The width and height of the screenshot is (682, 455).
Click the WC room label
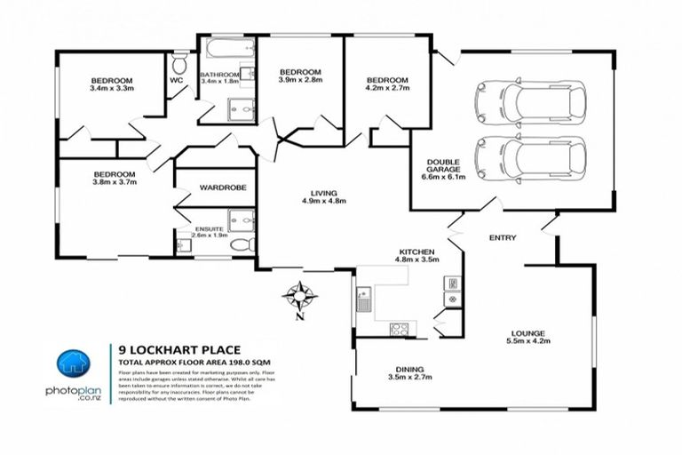(176, 80)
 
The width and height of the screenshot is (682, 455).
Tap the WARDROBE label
(217, 188)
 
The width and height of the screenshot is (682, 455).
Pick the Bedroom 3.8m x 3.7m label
(115, 179)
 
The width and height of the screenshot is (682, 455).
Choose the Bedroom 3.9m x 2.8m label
(299, 76)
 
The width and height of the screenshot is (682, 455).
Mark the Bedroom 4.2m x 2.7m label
(387, 84)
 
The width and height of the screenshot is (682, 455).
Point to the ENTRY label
(502, 238)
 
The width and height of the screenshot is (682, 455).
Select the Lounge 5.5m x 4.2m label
(528, 335)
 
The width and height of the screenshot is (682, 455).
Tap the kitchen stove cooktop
(400, 329)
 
